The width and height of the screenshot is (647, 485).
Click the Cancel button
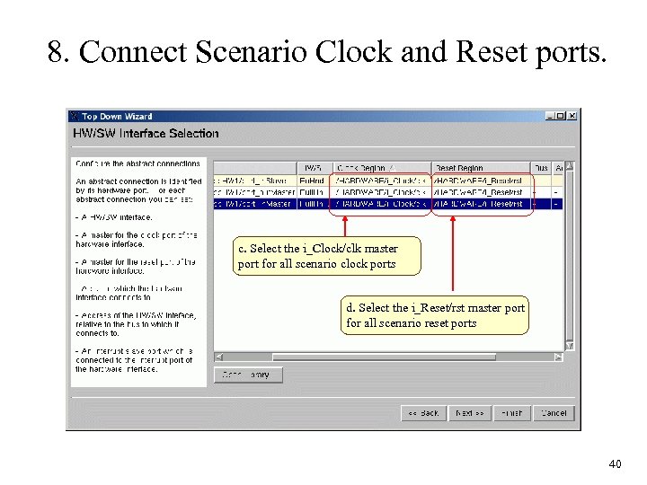(x=554, y=413)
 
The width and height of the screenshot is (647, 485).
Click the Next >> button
(x=469, y=413)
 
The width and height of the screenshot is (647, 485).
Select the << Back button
(x=422, y=413)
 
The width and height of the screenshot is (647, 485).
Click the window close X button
(x=572, y=116)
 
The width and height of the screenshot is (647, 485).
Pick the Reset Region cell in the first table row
(x=480, y=180)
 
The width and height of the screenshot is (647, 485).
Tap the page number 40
(x=615, y=464)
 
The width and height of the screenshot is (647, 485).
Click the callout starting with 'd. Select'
(x=436, y=315)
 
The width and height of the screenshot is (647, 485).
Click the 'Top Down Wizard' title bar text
(x=117, y=116)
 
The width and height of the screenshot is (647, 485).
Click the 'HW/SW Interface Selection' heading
(x=146, y=133)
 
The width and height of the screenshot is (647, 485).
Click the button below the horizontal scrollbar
(x=248, y=375)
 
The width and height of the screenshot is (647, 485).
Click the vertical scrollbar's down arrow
(x=568, y=346)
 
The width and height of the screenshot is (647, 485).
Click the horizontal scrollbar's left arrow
(x=218, y=357)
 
